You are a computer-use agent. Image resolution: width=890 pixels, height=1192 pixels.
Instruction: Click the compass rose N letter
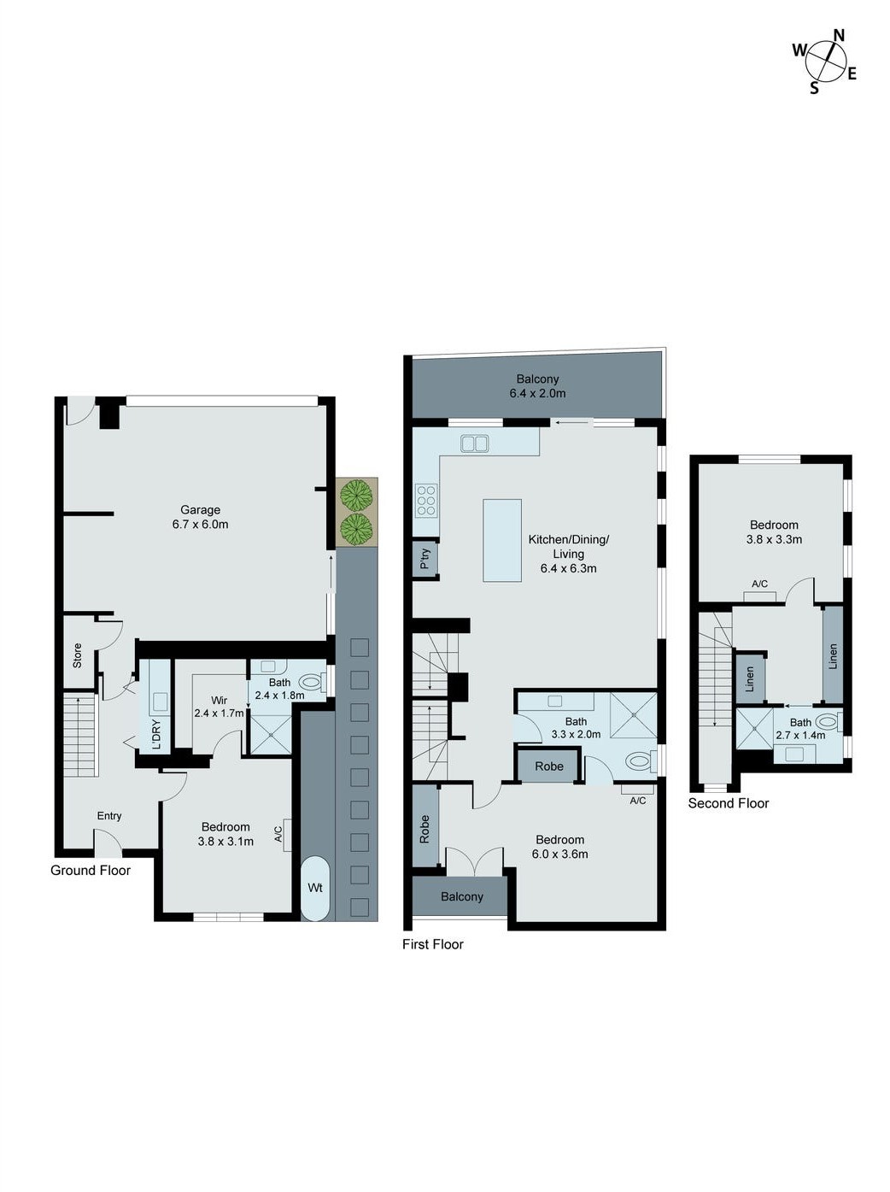839,36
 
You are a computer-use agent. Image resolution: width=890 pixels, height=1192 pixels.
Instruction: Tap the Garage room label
200,510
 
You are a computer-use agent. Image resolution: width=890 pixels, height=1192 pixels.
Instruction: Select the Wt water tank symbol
315,888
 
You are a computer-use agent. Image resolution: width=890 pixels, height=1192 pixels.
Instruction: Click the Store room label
77,655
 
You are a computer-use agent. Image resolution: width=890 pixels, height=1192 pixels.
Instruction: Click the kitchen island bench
502,540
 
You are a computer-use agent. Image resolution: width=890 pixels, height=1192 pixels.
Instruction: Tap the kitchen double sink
474,443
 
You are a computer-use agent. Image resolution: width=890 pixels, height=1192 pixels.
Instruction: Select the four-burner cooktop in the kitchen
426,501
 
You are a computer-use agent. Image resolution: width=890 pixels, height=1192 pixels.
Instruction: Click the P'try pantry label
425,559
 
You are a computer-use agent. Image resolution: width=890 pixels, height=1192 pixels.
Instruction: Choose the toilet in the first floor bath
638,760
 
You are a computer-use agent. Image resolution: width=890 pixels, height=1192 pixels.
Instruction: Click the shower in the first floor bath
634,715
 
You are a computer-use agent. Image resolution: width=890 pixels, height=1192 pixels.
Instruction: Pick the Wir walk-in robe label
220,701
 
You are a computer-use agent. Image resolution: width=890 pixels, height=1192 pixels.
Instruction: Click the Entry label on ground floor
109,816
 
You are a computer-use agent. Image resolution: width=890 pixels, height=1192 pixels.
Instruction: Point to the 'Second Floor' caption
729,803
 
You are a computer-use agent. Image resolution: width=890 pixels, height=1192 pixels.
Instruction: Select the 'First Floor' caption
433,944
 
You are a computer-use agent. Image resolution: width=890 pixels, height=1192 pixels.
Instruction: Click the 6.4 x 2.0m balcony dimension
537,394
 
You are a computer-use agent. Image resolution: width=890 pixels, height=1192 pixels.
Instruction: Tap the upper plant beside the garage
356,494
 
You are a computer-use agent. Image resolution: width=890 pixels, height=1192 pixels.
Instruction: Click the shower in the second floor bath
754,728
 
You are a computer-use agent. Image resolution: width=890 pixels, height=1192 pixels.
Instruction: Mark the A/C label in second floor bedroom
759,584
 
